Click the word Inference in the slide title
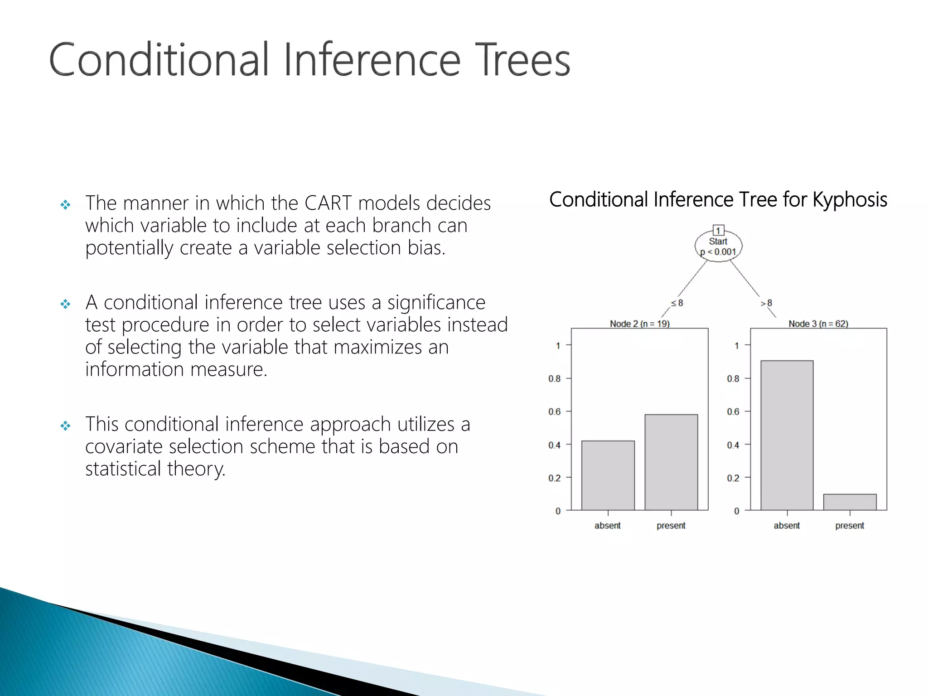click(372, 60)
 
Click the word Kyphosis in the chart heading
click(850, 200)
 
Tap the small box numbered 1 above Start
click(718, 230)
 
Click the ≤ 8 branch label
click(677, 303)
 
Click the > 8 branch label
click(766, 303)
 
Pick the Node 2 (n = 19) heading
click(639, 324)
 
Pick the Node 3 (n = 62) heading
click(818, 324)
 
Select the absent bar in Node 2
click(608, 475)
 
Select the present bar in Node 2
click(671, 462)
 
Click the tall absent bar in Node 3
click(787, 435)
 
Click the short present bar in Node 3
click(850, 502)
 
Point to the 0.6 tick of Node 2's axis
click(555, 411)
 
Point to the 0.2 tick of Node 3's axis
click(733, 478)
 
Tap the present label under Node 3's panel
click(850, 526)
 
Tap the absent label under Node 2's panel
click(608, 526)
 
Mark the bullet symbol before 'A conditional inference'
click(66, 304)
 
